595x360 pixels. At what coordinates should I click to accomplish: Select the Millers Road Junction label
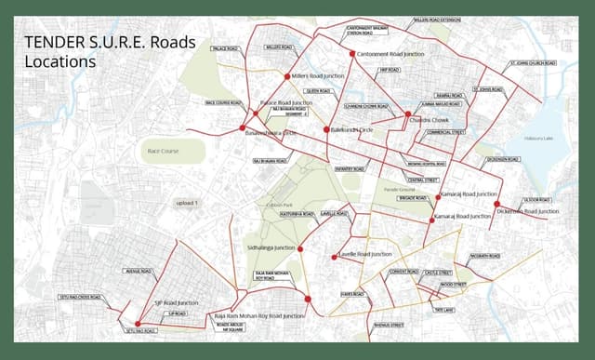(319, 75)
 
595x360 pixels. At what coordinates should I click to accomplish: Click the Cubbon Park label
(279, 204)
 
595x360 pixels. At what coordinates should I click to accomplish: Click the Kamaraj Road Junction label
(469, 194)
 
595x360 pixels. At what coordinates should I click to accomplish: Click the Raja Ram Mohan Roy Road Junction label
(260, 316)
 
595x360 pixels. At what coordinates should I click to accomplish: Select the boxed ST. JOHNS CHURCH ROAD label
(533, 63)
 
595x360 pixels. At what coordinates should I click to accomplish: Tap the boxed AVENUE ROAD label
(137, 271)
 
